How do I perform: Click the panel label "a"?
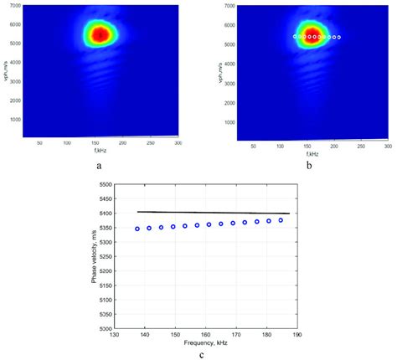101,166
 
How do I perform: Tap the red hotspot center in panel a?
101,34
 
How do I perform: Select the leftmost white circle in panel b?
296,37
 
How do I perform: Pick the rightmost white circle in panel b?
339,38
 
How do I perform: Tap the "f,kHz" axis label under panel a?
101,151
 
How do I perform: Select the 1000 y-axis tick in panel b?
225,119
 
